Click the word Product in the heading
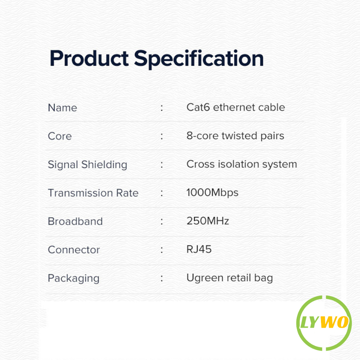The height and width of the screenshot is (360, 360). (89, 59)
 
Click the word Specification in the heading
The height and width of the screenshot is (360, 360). (199, 59)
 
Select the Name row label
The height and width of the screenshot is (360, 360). (63, 108)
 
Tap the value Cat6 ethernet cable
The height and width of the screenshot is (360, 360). (236, 107)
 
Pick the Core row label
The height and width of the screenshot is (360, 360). (60, 136)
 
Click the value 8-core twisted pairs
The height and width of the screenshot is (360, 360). (235, 136)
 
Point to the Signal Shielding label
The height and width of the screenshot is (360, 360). (88, 165)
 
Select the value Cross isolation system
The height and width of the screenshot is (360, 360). (242, 164)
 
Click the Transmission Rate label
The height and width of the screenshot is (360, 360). (93, 193)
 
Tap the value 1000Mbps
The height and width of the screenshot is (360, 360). (212, 193)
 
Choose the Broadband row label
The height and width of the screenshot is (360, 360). (75, 221)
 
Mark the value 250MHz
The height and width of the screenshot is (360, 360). (208, 221)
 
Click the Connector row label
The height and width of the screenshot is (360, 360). (74, 250)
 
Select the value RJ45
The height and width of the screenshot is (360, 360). (199, 249)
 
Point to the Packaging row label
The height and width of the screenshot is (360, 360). (74, 278)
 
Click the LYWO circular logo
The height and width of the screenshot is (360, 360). (324, 323)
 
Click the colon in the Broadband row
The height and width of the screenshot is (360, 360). (162, 221)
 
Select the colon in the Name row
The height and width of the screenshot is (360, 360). (162, 108)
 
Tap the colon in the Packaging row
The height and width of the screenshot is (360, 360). (162, 278)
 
